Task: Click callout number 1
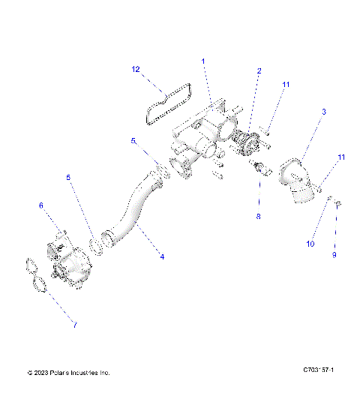pyautogui.click(x=202, y=60)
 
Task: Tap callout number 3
pyautogui.click(x=323, y=112)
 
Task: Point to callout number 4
pyautogui.click(x=161, y=256)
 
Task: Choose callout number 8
pyautogui.click(x=259, y=217)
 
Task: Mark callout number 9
pyautogui.click(x=334, y=255)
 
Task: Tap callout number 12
pyautogui.click(x=136, y=70)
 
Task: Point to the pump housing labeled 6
pyautogui.click(x=71, y=259)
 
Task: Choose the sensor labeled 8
pyautogui.click(x=261, y=168)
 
